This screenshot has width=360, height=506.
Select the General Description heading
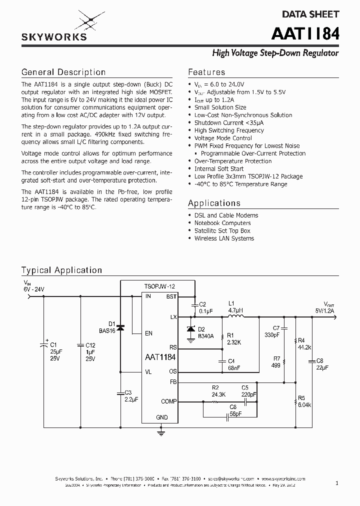(63, 72)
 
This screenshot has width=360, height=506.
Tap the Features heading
(206, 72)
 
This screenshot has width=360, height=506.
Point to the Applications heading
(214, 203)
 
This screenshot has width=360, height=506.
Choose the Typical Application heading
(61, 270)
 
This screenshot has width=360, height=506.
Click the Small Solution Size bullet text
(220, 107)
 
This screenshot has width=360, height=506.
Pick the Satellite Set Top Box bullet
(222, 230)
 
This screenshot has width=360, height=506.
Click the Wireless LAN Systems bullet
(224, 238)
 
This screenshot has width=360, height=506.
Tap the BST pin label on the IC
(171, 296)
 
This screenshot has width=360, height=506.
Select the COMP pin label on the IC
(168, 401)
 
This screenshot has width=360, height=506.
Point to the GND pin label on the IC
(162, 417)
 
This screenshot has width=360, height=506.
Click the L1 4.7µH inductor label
(235, 306)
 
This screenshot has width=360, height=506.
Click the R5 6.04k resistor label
(304, 401)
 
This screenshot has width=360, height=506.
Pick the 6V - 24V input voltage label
(33, 289)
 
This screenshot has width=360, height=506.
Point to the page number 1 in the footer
(337, 483)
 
